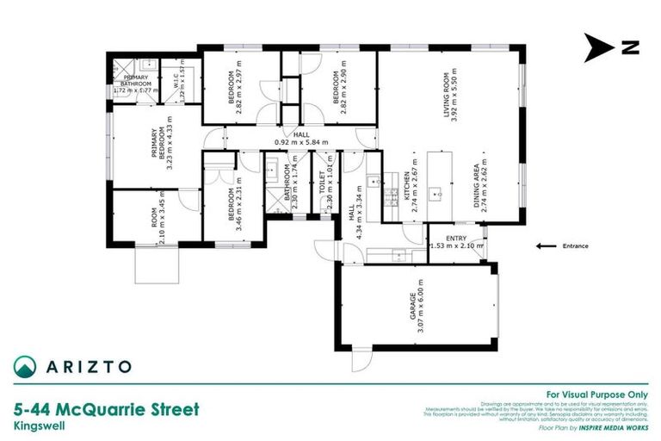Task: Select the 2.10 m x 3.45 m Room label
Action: click(158, 219)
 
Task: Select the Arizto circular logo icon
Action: click(27, 366)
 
